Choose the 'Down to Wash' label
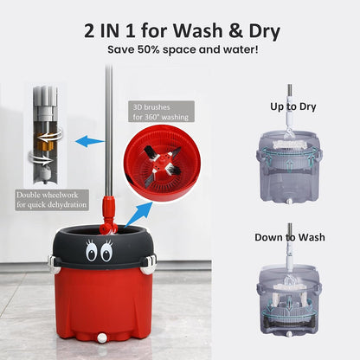pyautogui.click(x=289, y=236)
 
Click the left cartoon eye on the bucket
pyautogui.click(x=91, y=254)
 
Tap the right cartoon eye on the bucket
pyautogui.click(x=106, y=254)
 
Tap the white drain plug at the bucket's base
pyautogui.click(x=100, y=337)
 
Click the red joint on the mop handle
pyautogui.click(x=110, y=211)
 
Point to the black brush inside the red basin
pyautogui.click(x=162, y=164)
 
